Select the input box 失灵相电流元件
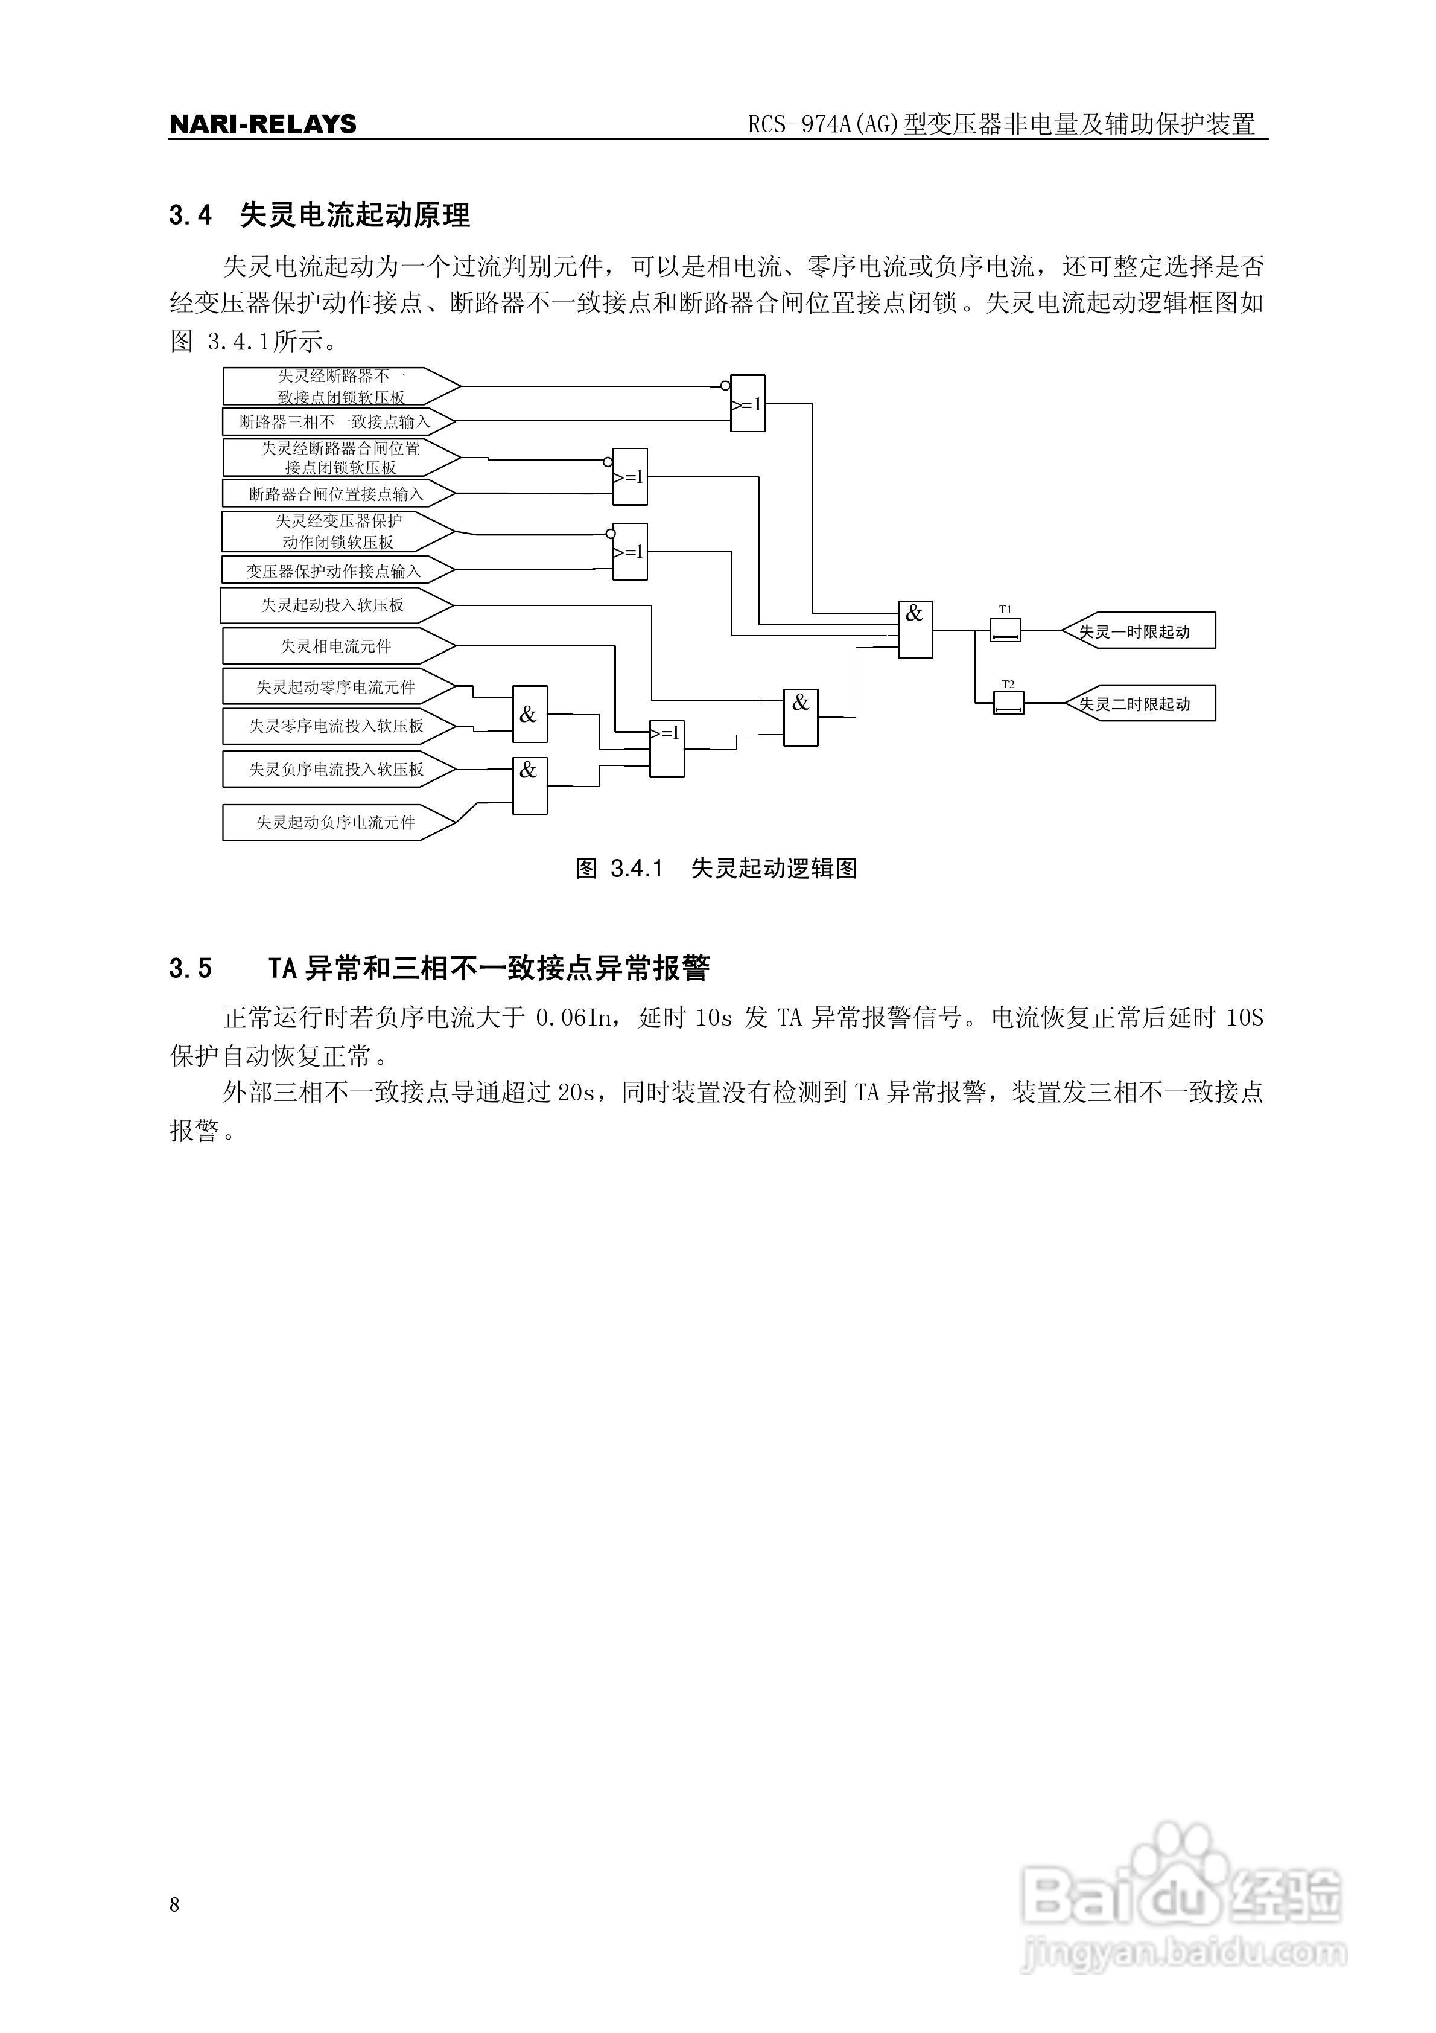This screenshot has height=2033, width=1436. point(337,646)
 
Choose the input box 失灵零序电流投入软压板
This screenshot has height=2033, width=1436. point(337,726)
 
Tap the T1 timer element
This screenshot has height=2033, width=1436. point(1005,630)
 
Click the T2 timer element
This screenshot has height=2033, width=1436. point(1008,703)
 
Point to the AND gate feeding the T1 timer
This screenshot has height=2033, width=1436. point(915,630)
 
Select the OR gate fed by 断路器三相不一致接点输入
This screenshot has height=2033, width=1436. point(747,404)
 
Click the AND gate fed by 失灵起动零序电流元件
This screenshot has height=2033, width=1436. point(529,713)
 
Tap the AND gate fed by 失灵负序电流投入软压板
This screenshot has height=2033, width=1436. point(529,785)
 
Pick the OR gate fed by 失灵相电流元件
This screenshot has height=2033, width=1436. point(667,748)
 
